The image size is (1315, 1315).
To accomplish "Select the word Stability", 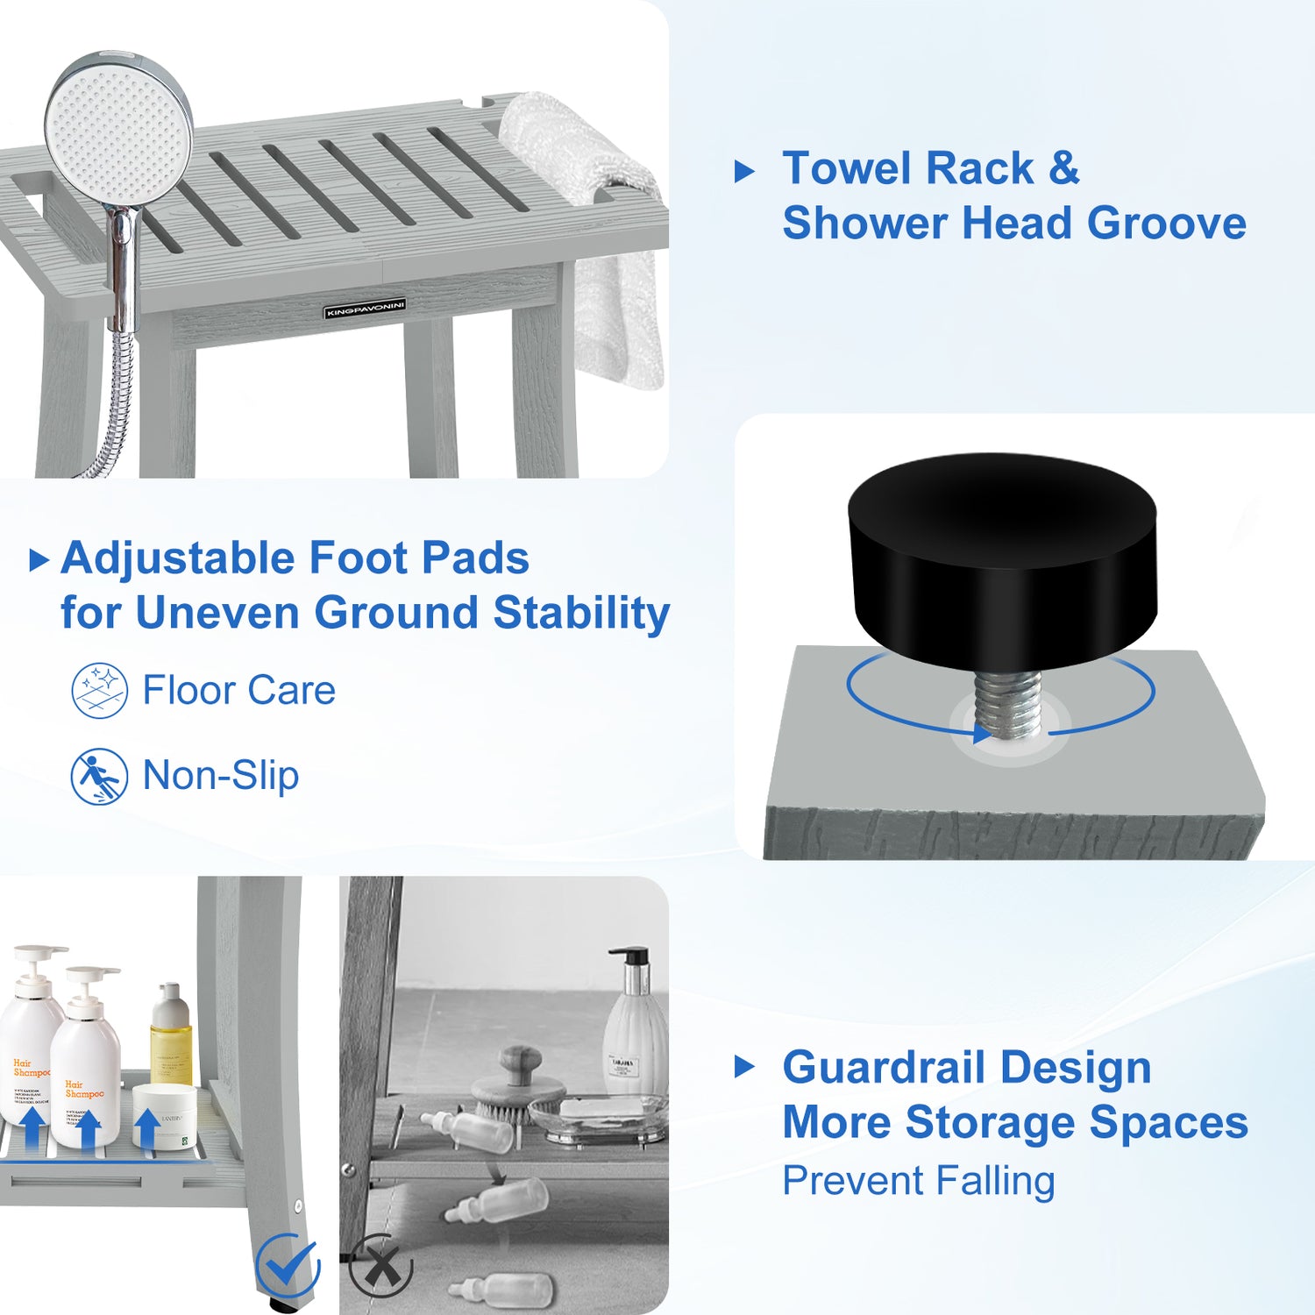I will [581, 613].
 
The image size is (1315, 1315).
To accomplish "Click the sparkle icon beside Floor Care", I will [100, 691].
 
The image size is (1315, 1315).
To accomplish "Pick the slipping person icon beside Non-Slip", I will [100, 776].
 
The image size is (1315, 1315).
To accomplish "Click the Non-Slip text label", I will [221, 776].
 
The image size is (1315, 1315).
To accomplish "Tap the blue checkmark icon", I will [288, 1265].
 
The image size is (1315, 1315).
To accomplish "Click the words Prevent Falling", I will [918, 1181].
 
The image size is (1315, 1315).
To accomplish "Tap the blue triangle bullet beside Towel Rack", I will [744, 171].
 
